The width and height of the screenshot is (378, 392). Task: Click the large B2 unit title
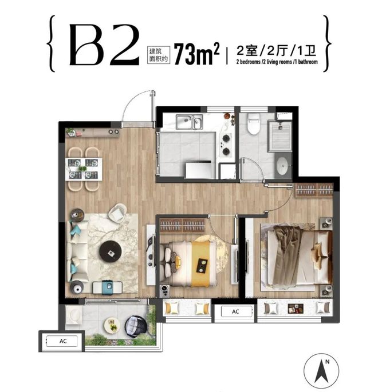(x=104, y=45)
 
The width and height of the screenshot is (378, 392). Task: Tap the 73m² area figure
(x=196, y=54)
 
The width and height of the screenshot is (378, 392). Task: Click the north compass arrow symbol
(x=321, y=371)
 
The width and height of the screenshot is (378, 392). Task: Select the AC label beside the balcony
(x=63, y=341)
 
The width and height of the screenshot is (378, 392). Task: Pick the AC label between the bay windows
(x=235, y=311)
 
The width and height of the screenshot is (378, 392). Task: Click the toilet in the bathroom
(x=253, y=124)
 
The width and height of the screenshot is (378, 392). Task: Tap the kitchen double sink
(x=189, y=122)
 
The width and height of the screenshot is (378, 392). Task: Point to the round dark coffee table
(x=111, y=251)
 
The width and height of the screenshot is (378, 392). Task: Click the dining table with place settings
(x=84, y=169)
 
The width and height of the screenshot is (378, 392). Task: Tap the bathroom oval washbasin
(x=283, y=166)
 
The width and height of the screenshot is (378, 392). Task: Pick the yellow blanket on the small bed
(x=203, y=264)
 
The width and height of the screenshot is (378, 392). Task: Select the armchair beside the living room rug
(x=117, y=213)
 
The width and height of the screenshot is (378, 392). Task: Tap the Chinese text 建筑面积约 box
(x=159, y=55)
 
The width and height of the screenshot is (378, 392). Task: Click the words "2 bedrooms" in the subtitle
(x=248, y=62)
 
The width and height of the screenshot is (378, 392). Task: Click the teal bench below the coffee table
(x=107, y=287)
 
